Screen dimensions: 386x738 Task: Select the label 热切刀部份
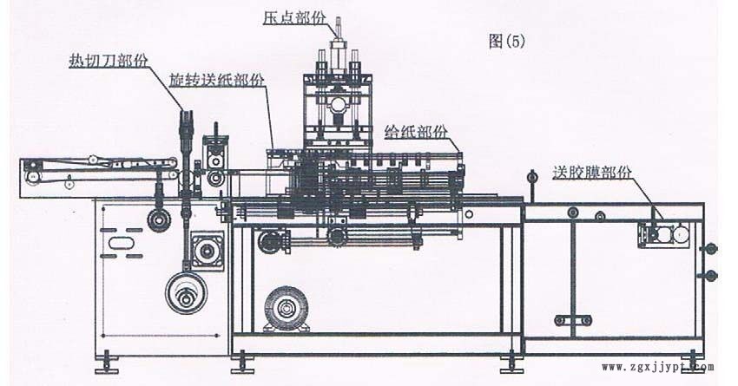point(108,61)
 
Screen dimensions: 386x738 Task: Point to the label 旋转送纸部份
point(218,80)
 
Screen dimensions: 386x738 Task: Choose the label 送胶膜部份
point(593,171)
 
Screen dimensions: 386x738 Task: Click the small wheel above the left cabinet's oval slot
point(158,219)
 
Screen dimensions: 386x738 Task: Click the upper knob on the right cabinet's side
point(712,250)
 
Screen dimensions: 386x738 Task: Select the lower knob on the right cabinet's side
point(712,276)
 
